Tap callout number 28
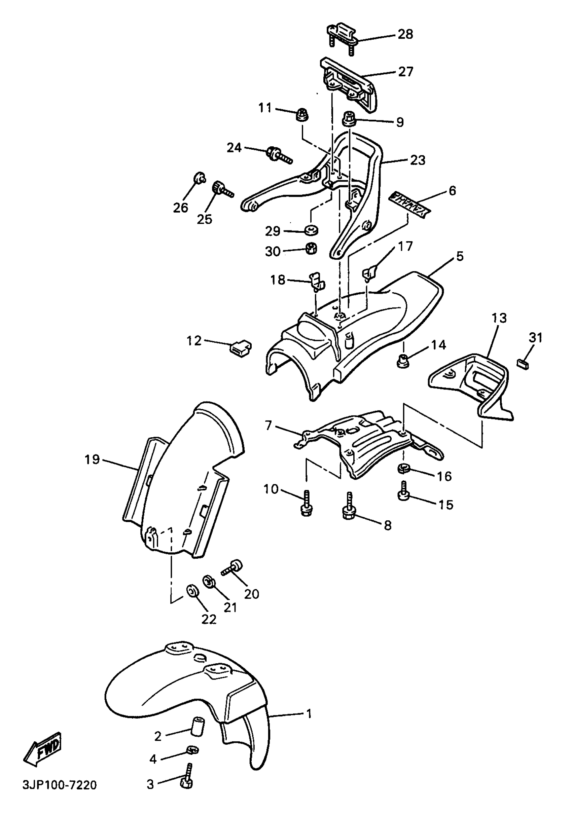point(405,34)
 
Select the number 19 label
point(92,459)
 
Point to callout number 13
point(499,318)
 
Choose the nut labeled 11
point(302,114)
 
